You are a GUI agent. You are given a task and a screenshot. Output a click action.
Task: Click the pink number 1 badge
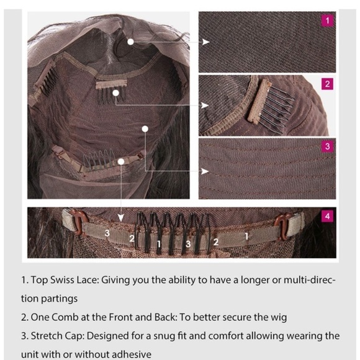(327, 21)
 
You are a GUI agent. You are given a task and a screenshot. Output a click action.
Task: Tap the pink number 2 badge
(327, 84)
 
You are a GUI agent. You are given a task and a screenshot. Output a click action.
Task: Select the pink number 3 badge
(327, 146)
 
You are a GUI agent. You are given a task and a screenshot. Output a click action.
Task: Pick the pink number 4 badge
(327, 216)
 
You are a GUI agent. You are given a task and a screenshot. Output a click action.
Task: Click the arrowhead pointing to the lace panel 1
(205, 42)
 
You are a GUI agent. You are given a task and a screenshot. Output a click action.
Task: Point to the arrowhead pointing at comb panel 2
(205, 106)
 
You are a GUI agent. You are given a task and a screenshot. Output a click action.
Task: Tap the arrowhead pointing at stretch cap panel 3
(205, 171)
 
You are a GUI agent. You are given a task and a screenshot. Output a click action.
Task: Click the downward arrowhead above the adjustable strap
(121, 218)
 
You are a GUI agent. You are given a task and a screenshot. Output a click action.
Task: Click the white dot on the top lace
(130, 42)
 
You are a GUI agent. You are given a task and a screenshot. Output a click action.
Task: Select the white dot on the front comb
(116, 93)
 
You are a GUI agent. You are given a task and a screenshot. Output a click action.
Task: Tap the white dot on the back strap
(121, 162)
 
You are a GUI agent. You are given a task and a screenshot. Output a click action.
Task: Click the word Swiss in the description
(62, 280)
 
